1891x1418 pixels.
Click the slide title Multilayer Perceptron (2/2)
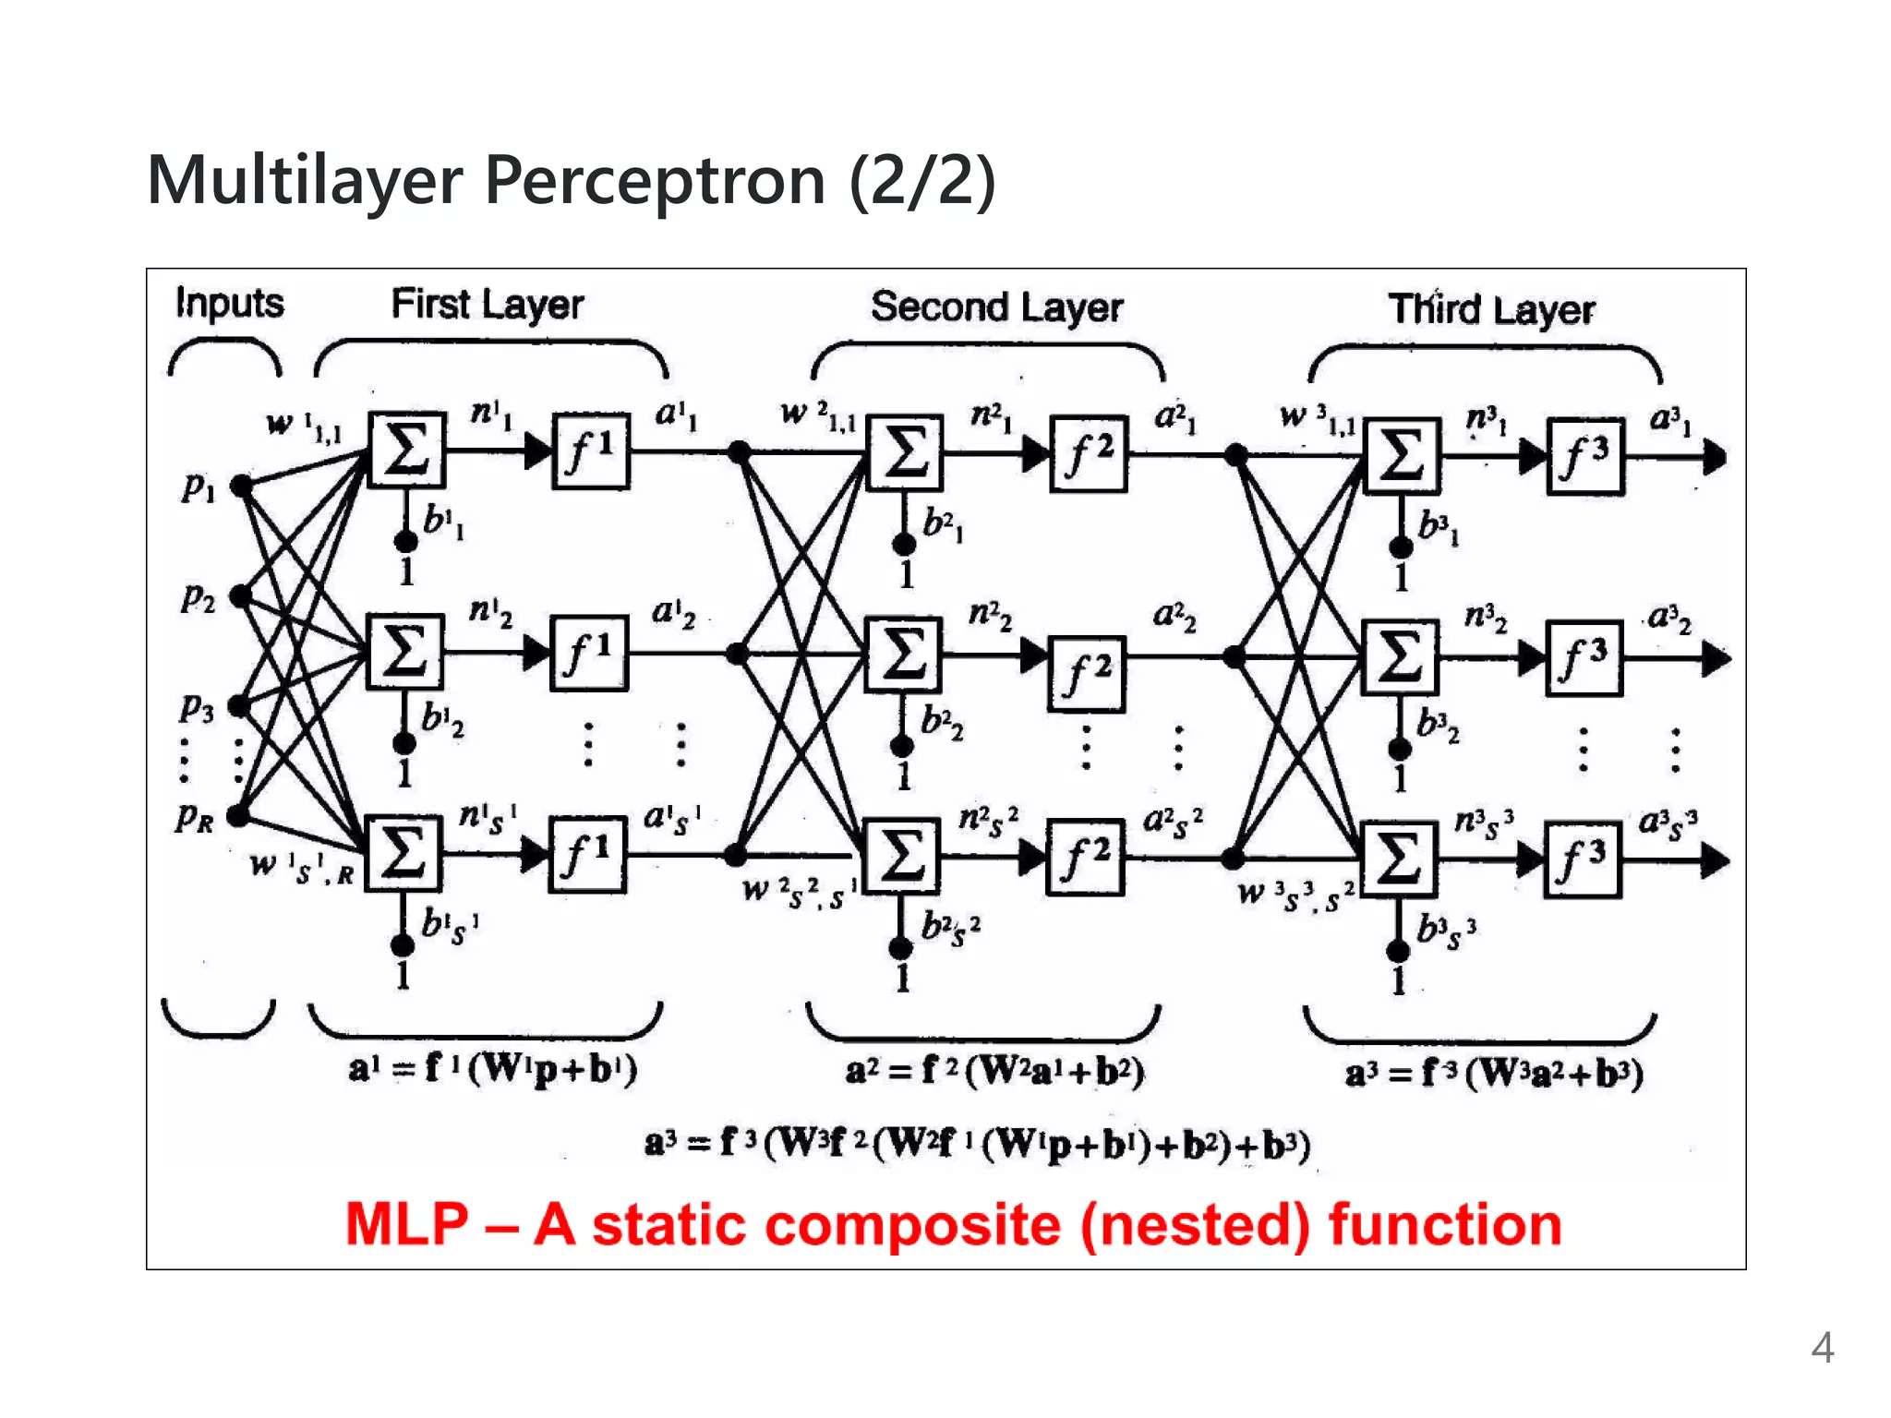pos(571,181)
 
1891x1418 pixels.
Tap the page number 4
pos(1822,1349)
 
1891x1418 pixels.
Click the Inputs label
pos(229,304)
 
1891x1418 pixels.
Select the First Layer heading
pos(487,305)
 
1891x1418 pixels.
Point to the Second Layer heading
pos(996,307)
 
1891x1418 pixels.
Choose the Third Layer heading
pos(1491,309)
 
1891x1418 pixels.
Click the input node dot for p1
pos(241,486)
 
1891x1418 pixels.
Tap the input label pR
pos(195,817)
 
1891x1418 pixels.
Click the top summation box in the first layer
pos(406,450)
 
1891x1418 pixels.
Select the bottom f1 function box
pos(588,855)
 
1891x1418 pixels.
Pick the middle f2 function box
pos(1086,674)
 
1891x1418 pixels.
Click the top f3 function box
pos(1584,456)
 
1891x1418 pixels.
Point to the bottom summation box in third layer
pos(1399,859)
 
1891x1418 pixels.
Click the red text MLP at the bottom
pos(407,1225)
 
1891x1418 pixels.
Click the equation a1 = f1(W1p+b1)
pos(492,1069)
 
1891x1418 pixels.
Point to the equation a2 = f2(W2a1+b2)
pos(994,1071)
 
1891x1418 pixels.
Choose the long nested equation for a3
pos(977,1145)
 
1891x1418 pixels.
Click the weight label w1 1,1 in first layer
pos(304,426)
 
